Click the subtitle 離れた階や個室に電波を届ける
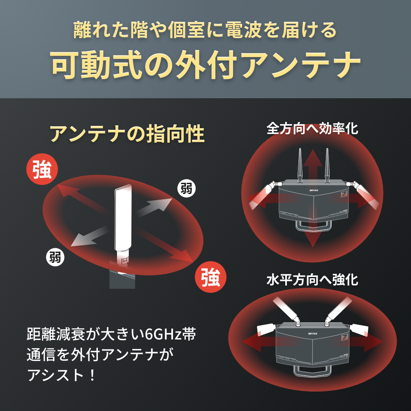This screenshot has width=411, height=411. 205,30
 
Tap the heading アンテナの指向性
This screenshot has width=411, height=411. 127,134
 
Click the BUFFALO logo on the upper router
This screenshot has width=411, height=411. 316,190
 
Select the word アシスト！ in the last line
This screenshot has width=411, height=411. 62,374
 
